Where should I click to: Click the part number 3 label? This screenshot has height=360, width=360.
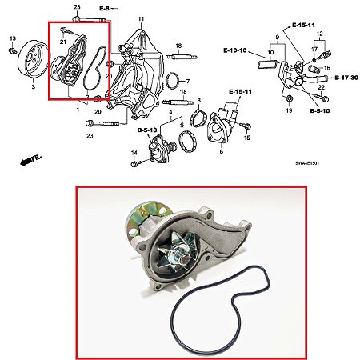(x=34, y=86)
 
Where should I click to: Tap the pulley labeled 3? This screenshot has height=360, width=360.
(x=34, y=59)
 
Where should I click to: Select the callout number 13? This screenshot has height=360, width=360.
(x=13, y=38)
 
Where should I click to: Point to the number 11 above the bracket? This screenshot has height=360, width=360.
(x=141, y=19)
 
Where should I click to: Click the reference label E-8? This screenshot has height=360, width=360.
(x=104, y=9)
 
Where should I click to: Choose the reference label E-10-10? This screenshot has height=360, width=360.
(x=235, y=50)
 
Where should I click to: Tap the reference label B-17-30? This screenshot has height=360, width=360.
(x=346, y=78)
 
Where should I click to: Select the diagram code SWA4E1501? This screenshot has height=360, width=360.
(x=307, y=163)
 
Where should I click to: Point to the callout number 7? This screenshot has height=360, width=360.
(x=188, y=81)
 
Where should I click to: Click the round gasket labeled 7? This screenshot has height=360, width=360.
(x=173, y=81)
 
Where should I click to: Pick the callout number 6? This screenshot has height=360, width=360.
(x=222, y=151)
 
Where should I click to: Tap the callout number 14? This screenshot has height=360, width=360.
(x=134, y=153)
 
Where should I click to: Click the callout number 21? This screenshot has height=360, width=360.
(x=62, y=42)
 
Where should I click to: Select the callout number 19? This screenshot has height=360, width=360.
(x=289, y=110)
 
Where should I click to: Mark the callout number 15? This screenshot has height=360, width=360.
(x=247, y=138)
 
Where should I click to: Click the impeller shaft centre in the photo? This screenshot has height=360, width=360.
(x=184, y=258)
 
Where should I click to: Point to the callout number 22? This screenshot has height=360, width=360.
(x=322, y=87)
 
